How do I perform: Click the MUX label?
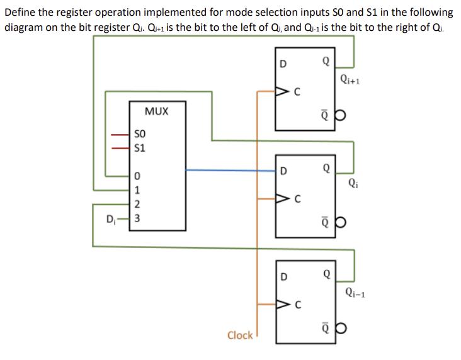point(156,111)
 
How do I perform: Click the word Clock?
point(239,335)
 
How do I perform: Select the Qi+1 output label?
point(350,79)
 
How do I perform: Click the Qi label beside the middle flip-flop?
point(350,184)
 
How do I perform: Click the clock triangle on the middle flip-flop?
point(280,200)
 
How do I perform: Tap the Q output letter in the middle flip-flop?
point(325,169)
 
